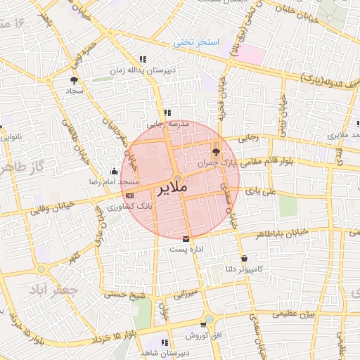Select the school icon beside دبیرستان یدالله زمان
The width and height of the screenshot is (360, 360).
point(143,60)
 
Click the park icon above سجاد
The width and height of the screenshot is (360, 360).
point(75,80)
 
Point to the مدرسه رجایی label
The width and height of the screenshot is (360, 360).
point(167,123)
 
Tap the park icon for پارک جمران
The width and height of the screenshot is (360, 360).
point(215,151)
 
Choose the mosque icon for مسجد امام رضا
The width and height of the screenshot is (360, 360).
point(114,170)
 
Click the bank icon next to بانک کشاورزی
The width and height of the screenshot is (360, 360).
point(129,195)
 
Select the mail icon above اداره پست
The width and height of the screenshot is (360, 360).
point(186,238)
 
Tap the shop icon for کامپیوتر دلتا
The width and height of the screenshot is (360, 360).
point(244,258)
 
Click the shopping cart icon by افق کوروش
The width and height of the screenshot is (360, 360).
point(203,325)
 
